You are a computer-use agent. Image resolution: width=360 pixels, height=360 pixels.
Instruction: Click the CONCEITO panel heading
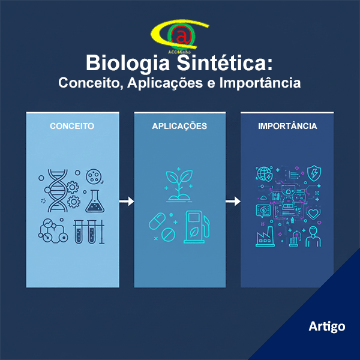pos(72,127)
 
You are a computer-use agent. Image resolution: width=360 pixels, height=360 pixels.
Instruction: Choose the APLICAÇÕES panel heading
pos(179,127)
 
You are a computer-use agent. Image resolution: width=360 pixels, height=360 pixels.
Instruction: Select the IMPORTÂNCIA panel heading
pos(287,127)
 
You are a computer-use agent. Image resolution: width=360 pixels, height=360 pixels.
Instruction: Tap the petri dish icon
pos(94,176)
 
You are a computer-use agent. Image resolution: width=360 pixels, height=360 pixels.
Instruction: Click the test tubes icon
pos(85,231)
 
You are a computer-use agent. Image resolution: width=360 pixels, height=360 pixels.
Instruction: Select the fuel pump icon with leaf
pos(197,226)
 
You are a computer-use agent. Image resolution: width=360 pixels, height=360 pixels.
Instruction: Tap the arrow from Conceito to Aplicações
pos(126,202)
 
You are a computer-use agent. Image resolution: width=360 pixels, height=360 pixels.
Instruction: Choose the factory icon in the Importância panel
pos(264,238)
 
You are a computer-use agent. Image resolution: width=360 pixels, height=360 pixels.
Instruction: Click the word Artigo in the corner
pos(327,326)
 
